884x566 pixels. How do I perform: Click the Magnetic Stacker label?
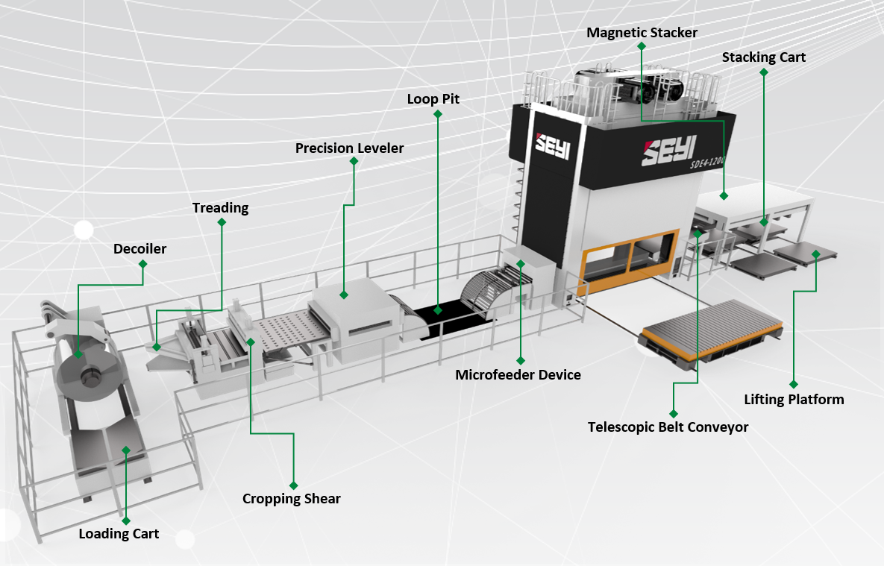(x=642, y=33)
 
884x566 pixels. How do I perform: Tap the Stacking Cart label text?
(x=763, y=57)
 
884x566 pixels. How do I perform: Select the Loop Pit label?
(x=433, y=98)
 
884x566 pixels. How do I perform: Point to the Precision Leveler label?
(x=349, y=148)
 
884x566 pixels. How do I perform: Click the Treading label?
(x=220, y=208)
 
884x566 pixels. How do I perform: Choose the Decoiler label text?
(x=140, y=249)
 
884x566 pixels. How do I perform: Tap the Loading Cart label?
(x=119, y=534)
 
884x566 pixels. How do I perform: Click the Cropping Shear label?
(x=291, y=499)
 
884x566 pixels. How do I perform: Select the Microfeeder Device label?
(x=518, y=375)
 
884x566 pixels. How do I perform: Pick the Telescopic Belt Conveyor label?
(x=668, y=427)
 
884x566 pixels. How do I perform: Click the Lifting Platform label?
(x=794, y=400)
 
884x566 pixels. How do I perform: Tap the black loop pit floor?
(x=448, y=317)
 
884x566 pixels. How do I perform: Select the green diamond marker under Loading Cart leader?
(x=125, y=520)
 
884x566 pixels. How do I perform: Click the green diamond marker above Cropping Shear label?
(x=293, y=485)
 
